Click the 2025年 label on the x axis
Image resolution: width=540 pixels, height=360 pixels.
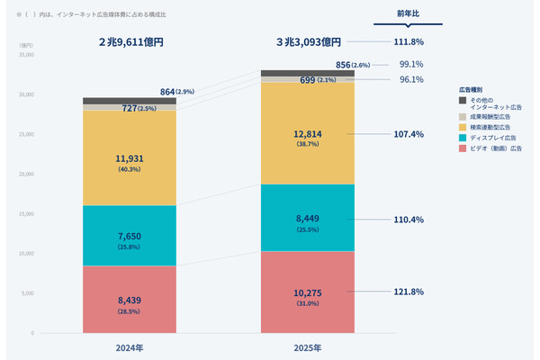point(307,347)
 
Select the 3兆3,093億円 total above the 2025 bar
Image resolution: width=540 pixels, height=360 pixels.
point(307,41)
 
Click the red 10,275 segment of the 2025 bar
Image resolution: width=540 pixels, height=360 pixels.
point(306,292)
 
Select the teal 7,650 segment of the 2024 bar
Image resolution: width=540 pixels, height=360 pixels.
point(130,236)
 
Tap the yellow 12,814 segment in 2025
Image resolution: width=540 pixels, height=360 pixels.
point(306,133)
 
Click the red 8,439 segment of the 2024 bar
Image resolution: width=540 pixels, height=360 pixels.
point(130,300)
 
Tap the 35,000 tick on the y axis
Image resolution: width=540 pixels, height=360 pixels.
point(25,55)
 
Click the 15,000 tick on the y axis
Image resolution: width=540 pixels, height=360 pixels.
point(25,213)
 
